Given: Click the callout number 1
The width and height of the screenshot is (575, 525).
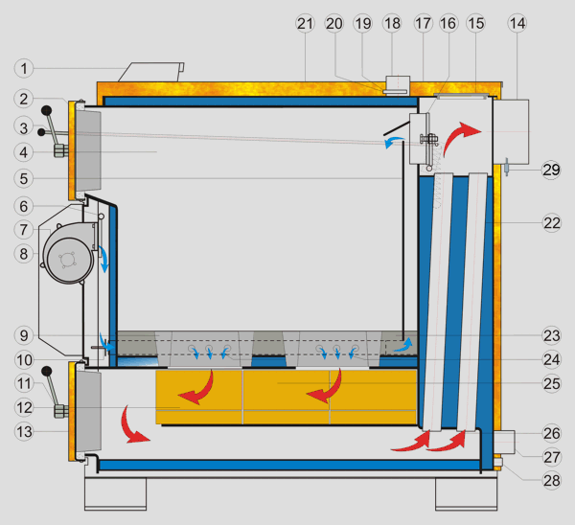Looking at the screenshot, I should pos(25,68).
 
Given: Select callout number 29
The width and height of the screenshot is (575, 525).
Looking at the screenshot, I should pos(550,171).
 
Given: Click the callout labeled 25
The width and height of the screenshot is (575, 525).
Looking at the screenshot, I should pos(550,383).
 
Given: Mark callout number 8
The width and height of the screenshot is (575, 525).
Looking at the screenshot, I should pos(25,254).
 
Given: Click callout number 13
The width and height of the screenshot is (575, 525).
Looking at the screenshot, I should pos(25,431).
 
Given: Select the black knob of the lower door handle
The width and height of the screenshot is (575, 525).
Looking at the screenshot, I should pos(46,372).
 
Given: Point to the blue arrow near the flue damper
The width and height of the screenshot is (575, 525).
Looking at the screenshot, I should pos(394,142).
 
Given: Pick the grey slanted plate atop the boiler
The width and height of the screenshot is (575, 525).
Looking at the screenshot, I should pos(150,72).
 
